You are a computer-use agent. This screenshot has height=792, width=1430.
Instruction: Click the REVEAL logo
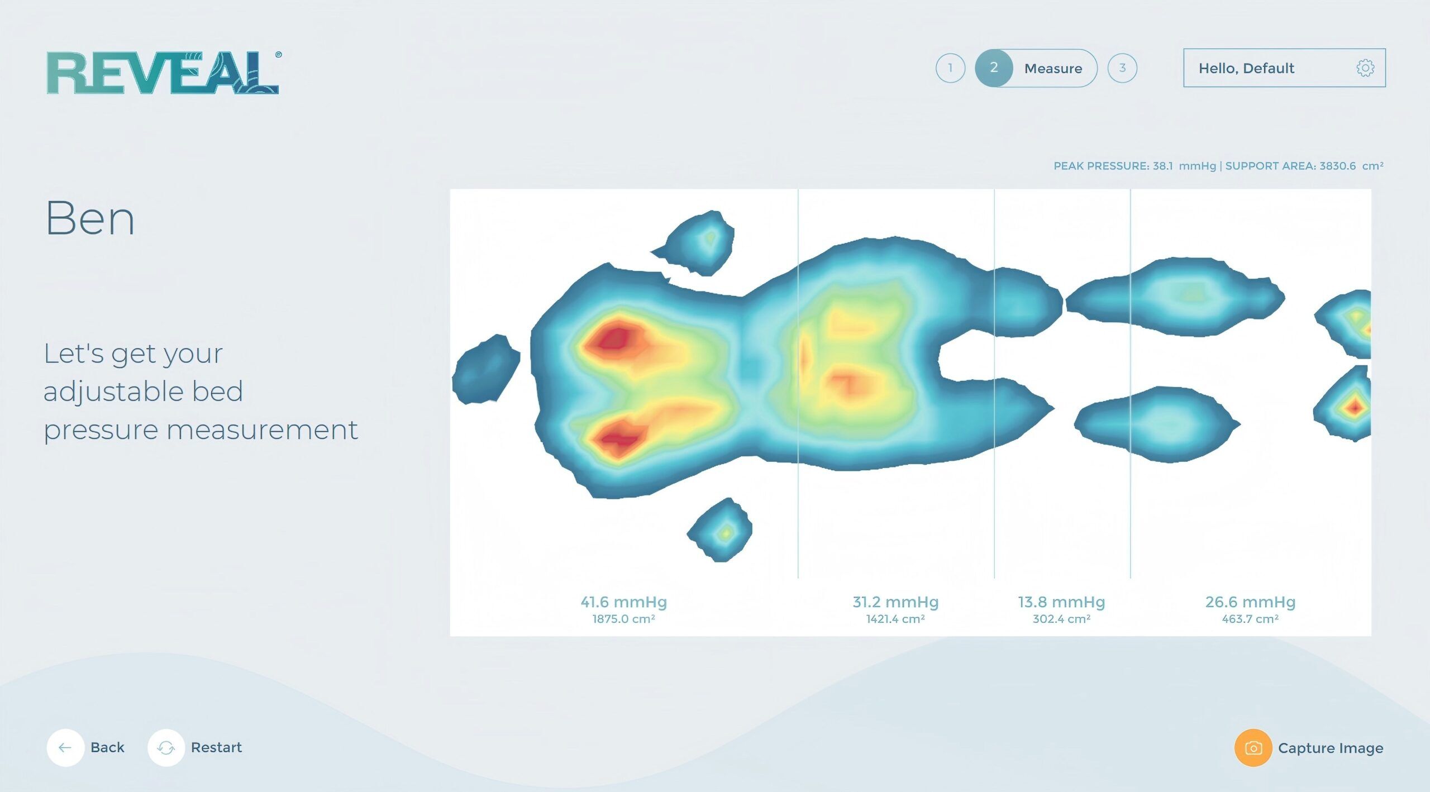coord(163,73)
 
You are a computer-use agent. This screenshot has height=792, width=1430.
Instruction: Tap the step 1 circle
coord(950,68)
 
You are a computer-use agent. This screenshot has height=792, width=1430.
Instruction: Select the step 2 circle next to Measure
coord(994,68)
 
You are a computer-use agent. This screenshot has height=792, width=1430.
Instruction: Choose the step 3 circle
coord(1122,68)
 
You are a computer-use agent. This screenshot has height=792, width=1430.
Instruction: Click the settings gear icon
coord(1365,68)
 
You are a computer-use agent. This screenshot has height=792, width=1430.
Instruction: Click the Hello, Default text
coord(1246,68)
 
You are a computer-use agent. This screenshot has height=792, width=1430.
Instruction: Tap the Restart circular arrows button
coord(166,747)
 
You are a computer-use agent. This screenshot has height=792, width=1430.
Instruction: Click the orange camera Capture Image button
coord(1253,748)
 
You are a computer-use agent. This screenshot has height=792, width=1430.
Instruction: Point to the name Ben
coord(89,218)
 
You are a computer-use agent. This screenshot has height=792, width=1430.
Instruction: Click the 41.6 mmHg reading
coord(623,602)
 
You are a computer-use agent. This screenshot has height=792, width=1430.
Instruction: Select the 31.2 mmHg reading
coord(895,602)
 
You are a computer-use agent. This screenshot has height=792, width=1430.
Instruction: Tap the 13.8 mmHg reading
coord(1061,602)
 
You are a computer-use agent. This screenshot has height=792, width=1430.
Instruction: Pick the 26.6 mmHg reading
coord(1250,602)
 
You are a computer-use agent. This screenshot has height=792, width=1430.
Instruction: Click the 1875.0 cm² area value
coord(623,619)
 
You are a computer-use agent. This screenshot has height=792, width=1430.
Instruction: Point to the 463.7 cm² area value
coord(1250,619)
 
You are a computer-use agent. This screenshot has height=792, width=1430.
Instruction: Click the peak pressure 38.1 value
coord(1163,166)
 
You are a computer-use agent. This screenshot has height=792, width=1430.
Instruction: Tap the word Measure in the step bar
coord(1053,69)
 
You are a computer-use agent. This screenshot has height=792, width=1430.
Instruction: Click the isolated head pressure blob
coord(486,369)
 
